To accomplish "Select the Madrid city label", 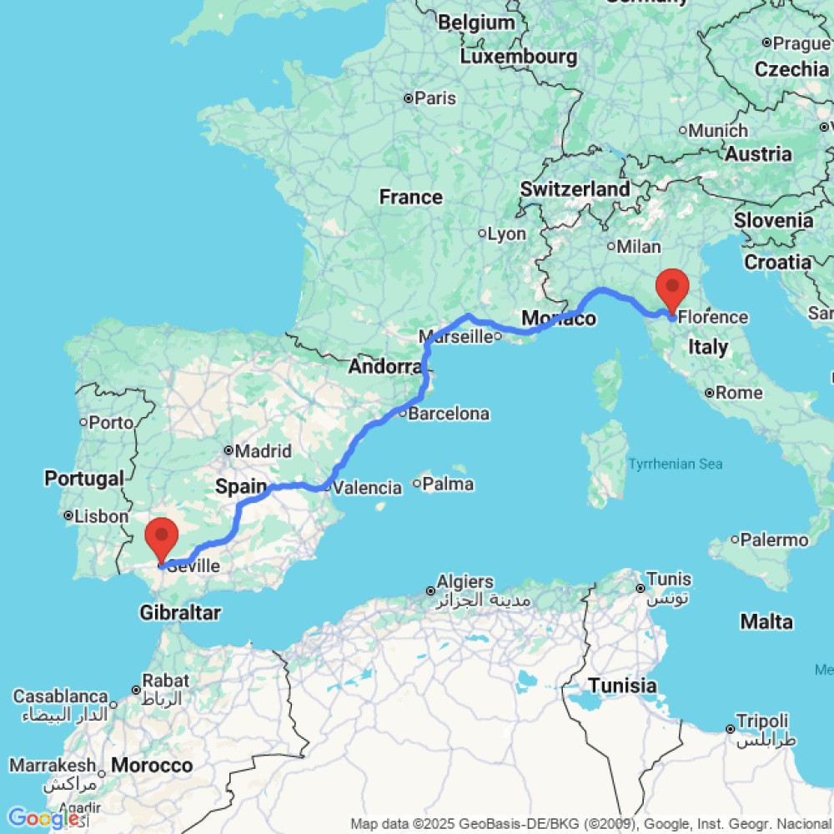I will tap(264, 451).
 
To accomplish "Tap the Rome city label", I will tap(739, 392).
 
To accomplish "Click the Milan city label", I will tap(639, 246).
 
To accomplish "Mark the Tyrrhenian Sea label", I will tap(676, 464).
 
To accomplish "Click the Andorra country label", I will tap(385, 366).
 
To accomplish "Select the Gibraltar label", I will tap(180, 613).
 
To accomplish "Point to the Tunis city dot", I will tap(641, 588).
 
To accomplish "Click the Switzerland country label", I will tap(575, 189).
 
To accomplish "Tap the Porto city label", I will tap(111, 422).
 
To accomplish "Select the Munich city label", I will tap(718, 130).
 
